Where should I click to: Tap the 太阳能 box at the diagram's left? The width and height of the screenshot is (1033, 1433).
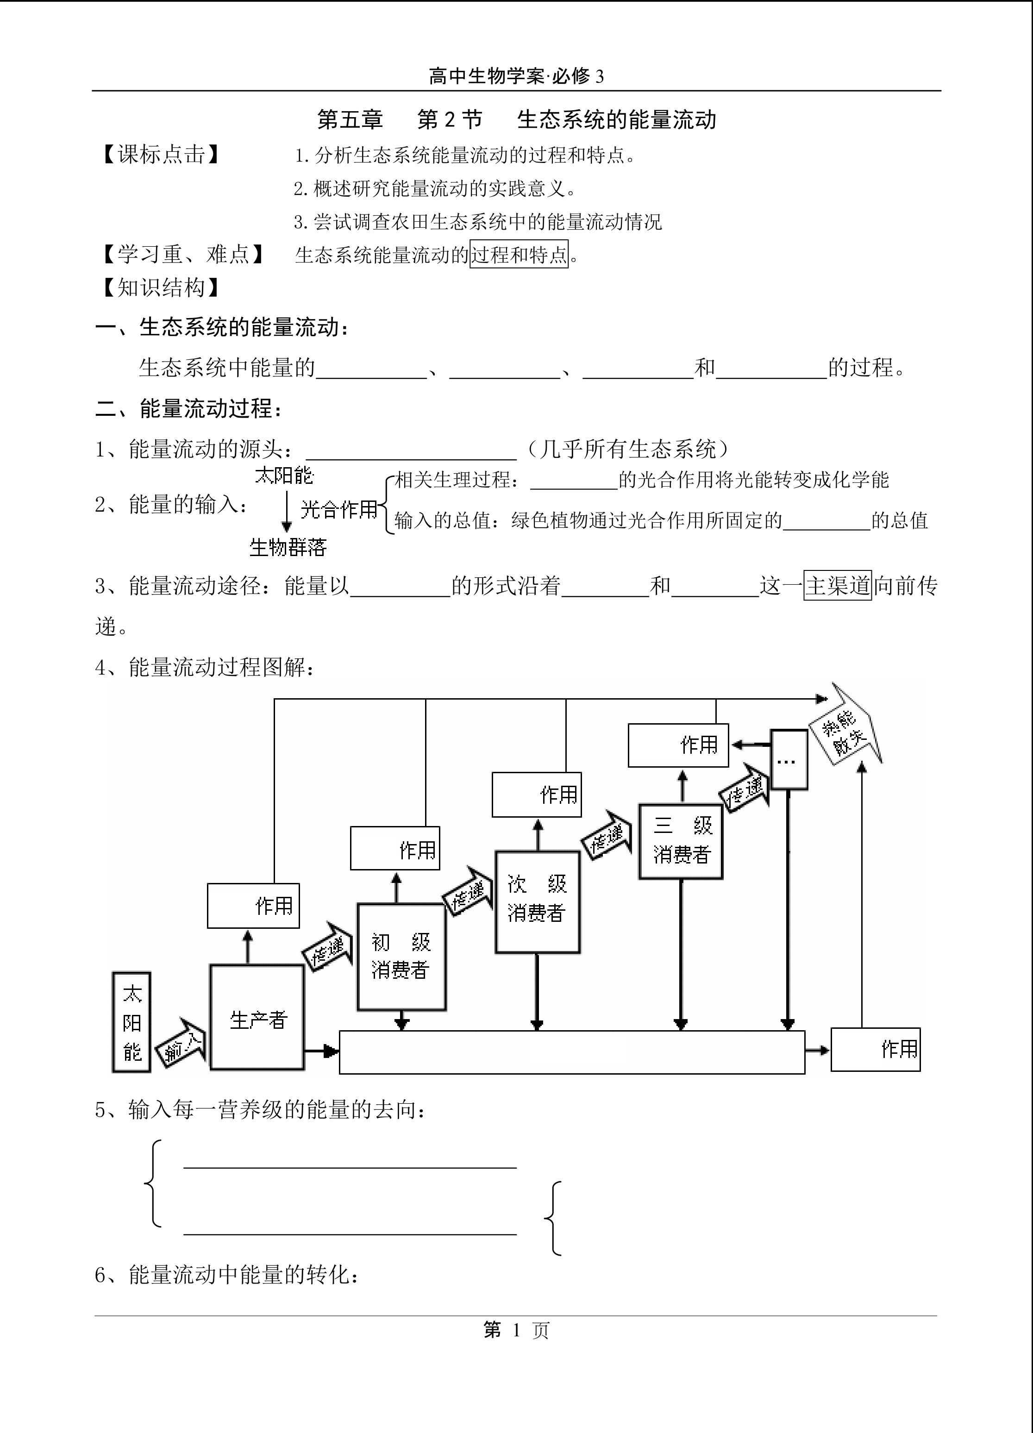point(131,1022)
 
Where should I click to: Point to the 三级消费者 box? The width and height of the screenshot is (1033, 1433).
point(681,841)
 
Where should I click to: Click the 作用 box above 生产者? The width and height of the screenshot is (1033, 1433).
point(253,906)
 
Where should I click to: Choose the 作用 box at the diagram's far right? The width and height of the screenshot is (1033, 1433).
point(875,1050)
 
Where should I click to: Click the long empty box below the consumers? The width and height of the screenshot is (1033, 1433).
point(572,1052)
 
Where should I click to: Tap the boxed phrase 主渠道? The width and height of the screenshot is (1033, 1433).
point(838,585)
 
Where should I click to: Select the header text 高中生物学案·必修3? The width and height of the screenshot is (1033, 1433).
point(516,76)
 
